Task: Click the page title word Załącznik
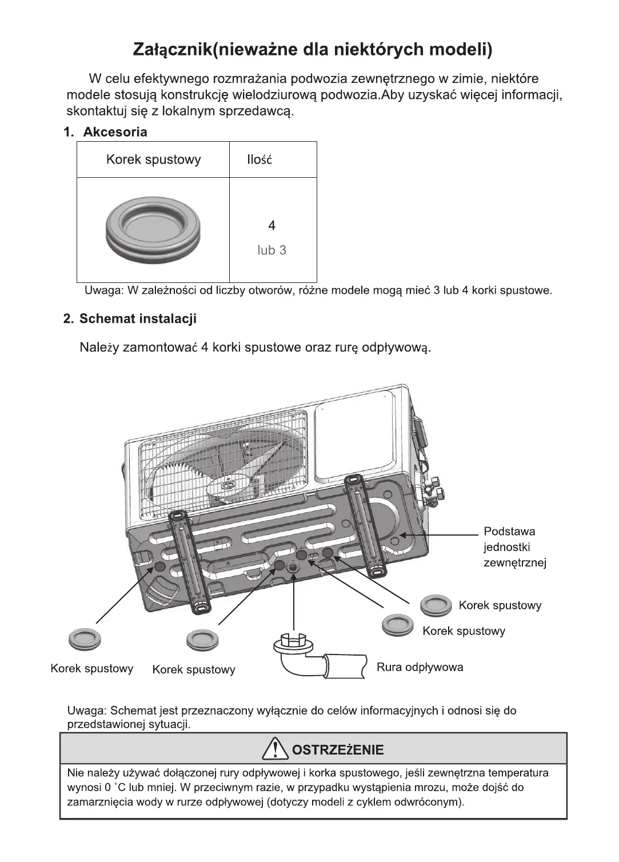click(x=172, y=50)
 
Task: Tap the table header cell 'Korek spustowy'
click(x=153, y=159)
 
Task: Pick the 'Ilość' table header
click(x=259, y=160)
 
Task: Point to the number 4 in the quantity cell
click(x=271, y=226)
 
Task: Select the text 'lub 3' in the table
click(x=271, y=250)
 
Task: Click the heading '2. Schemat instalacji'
click(x=130, y=319)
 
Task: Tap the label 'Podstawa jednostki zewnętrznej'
click(x=514, y=547)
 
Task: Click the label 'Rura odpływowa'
click(x=420, y=667)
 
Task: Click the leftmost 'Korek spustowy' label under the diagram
click(x=91, y=669)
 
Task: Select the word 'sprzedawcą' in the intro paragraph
click(x=256, y=111)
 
